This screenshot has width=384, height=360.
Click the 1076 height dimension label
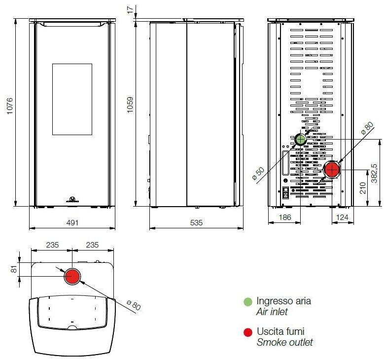click(9, 106)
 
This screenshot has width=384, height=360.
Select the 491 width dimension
click(72, 223)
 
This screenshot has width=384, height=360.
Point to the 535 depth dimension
click(196, 223)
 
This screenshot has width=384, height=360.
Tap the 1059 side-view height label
click(130, 105)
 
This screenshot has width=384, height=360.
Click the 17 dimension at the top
click(130, 10)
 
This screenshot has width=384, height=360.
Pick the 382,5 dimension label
click(374, 173)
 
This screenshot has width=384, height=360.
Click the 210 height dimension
click(363, 188)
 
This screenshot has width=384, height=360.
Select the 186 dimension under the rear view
click(285, 217)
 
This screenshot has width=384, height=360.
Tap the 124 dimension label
click(343, 217)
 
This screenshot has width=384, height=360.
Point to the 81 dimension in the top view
click(14, 269)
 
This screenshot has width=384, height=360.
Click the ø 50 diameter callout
click(258, 173)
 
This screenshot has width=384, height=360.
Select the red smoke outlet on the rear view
click(332, 170)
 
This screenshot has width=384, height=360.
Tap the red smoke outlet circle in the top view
click(72, 277)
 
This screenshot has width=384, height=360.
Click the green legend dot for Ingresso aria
click(248, 302)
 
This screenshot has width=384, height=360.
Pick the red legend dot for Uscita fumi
click(248, 332)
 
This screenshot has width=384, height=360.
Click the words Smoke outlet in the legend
click(284, 342)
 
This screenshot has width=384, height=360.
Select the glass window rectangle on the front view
click(72, 99)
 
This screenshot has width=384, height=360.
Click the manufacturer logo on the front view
click(72, 199)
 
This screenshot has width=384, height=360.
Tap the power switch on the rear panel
click(285, 192)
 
